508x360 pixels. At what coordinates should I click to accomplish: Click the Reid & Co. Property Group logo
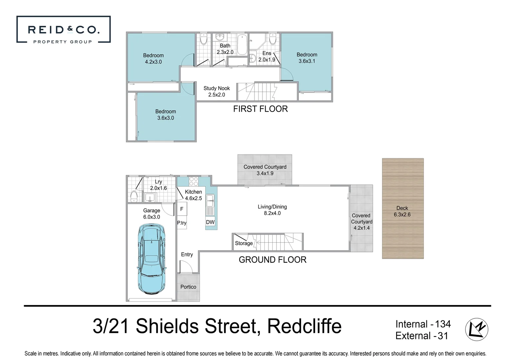(63, 30)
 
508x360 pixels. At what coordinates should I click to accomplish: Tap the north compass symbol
(476, 329)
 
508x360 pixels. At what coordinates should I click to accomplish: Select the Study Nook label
(217, 91)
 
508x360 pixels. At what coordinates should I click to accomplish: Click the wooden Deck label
(402, 211)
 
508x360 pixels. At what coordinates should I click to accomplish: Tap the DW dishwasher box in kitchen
(210, 222)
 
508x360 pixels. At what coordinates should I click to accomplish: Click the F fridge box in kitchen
(182, 209)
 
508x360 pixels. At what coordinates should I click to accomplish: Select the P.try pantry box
(182, 223)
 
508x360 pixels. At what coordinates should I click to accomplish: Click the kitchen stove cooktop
(194, 182)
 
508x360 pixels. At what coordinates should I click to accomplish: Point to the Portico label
(188, 287)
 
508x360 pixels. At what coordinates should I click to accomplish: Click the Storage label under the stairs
(244, 243)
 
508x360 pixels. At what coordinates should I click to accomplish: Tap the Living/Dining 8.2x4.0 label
(272, 210)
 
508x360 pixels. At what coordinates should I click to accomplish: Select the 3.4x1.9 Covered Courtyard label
(265, 170)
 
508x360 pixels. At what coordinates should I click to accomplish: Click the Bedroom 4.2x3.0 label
(153, 59)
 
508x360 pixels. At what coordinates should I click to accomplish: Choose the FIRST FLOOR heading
(260, 109)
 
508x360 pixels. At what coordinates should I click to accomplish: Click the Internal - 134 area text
(423, 324)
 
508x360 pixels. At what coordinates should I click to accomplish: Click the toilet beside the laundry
(134, 196)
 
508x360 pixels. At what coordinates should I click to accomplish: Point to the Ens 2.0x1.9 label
(267, 56)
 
